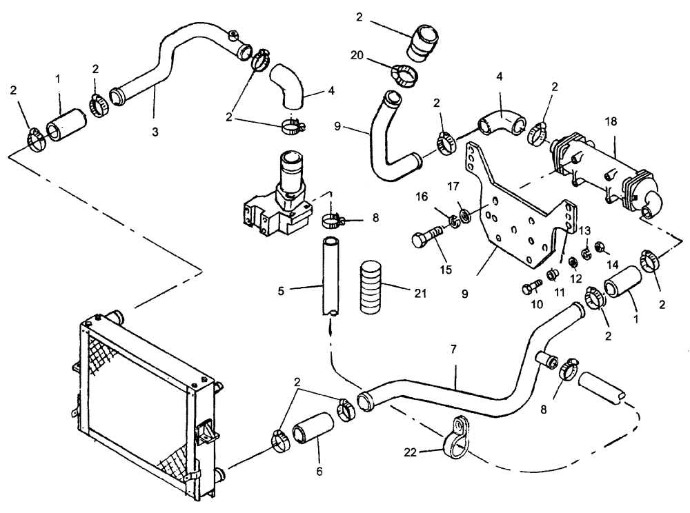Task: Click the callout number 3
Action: [155, 132]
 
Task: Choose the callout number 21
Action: [420, 293]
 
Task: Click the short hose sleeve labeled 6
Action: [310, 436]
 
